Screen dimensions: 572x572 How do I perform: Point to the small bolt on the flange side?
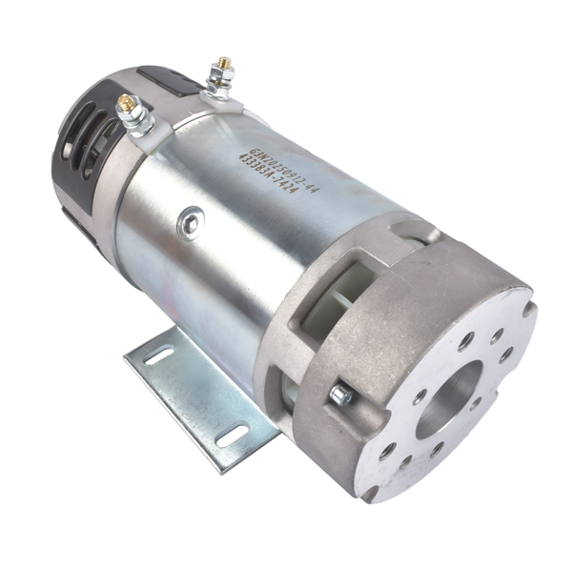point(339,394)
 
